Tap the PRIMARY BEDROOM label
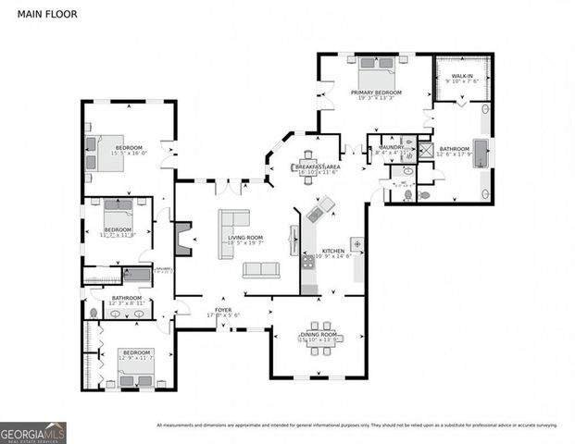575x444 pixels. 376,93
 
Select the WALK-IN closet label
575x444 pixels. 462,76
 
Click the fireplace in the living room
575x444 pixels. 182,238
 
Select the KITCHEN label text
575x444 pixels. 332,251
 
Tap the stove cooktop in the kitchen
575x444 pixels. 308,264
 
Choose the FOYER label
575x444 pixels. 223,310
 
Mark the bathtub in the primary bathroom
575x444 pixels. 480,153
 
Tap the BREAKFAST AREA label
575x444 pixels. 318,166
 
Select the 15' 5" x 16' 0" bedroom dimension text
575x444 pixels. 129,154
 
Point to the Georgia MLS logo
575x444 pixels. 33,432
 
